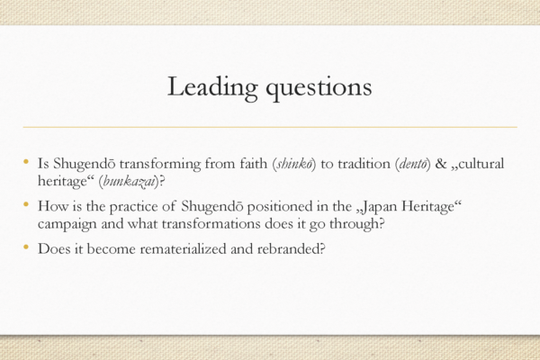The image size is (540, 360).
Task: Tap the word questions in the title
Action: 319,88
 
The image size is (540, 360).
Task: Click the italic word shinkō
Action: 294,164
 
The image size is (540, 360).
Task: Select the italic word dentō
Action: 413,164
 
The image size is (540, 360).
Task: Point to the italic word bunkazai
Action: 129,182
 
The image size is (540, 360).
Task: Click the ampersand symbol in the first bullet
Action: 441,164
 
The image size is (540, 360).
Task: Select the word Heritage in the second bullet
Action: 428,207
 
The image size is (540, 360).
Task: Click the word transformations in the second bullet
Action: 211,224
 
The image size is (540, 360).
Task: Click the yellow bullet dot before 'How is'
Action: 26,205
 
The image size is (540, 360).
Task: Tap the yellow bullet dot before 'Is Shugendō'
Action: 26,162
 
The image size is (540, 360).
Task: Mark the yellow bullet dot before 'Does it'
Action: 26,247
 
